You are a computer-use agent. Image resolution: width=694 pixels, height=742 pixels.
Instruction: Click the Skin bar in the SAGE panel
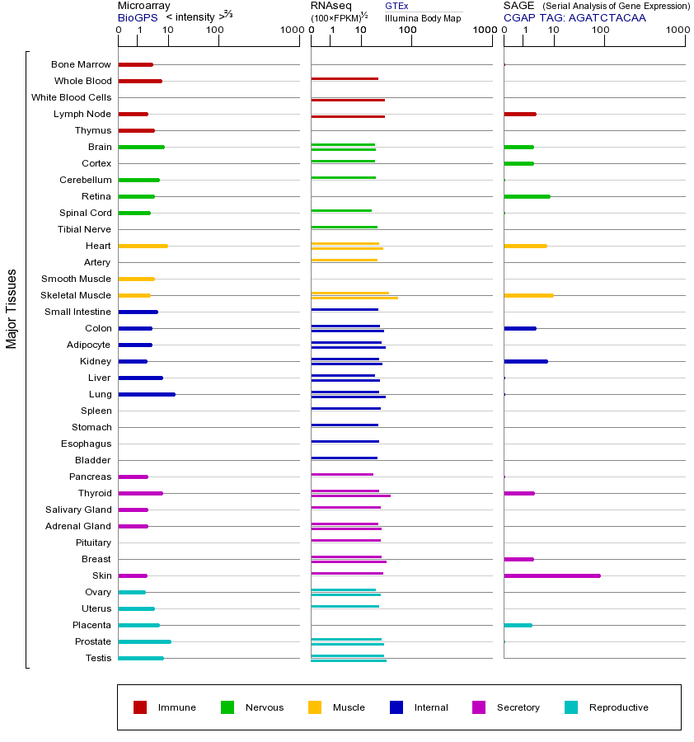[552, 575]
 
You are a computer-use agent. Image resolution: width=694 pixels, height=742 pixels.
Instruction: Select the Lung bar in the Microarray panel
[147, 394]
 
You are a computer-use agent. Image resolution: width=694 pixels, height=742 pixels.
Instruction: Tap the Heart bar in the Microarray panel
[143, 246]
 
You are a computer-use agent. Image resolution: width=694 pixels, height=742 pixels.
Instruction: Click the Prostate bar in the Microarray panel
[144, 641]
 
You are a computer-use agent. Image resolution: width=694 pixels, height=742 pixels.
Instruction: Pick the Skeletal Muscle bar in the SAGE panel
[528, 295]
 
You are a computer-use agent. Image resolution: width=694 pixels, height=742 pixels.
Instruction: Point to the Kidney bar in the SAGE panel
[525, 361]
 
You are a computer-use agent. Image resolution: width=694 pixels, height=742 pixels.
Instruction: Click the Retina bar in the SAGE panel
[527, 196]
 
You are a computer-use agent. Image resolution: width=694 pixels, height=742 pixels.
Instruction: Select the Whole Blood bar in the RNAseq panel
[345, 79]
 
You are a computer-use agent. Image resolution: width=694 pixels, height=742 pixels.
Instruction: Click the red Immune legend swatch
[140, 707]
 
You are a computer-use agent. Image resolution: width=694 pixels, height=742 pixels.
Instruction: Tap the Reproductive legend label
[618, 707]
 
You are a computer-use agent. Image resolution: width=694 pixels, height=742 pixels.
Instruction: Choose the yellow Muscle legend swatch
[315, 707]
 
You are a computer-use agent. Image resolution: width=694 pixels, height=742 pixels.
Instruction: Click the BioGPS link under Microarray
[135, 16]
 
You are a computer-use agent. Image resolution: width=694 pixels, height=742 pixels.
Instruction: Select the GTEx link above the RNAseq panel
[396, 6]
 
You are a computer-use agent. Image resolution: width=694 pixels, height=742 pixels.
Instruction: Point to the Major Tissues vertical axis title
[12, 308]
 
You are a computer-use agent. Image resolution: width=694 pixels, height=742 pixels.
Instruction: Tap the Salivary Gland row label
[78, 510]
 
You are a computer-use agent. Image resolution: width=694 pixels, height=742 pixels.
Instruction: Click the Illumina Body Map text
[423, 17]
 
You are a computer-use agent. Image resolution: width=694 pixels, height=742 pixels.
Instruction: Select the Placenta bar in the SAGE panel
[518, 625]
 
